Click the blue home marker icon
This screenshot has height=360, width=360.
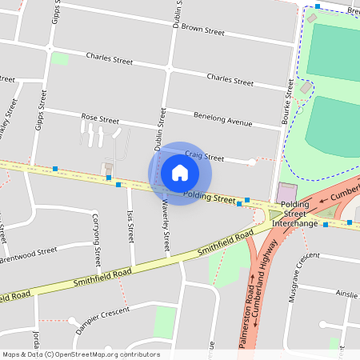point(180,172)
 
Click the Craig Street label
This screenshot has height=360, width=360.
point(203,155)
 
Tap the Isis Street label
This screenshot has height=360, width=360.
point(130,226)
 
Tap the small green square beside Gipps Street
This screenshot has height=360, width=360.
point(59,58)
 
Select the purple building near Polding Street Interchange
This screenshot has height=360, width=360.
point(286,193)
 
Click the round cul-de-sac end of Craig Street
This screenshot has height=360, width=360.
point(252,162)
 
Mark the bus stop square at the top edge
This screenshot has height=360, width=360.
point(318,6)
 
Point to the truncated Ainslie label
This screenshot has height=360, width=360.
point(347,294)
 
